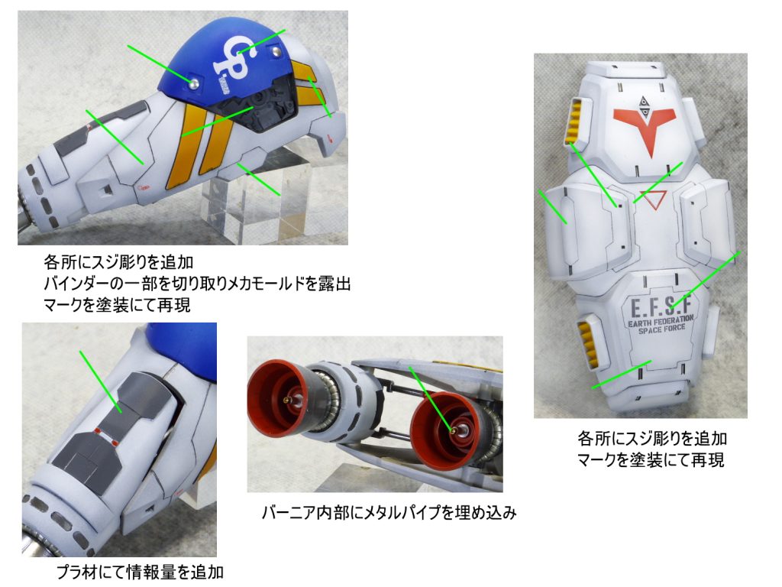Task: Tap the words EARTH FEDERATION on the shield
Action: click(657, 324)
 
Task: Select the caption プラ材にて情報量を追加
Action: click(140, 571)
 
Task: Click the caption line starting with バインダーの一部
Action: click(198, 282)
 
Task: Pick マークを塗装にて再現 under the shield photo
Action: click(651, 460)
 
